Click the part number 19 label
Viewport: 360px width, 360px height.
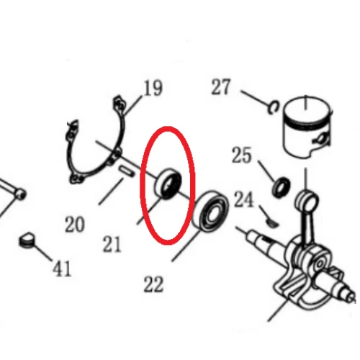tap(153, 88)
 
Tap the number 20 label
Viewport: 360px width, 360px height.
tap(75, 224)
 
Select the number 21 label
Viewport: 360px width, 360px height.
tap(112, 244)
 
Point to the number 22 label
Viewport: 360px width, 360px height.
tap(153, 284)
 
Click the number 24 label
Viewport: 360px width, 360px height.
tap(243, 200)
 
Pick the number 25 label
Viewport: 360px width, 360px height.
tap(242, 156)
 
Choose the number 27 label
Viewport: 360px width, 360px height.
tap(221, 87)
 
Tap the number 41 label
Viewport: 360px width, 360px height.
tap(62, 269)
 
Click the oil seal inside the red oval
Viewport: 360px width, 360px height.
tap(168, 184)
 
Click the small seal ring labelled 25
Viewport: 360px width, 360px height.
tap(282, 187)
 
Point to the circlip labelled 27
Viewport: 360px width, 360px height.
tap(274, 107)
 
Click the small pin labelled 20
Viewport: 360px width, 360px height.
tap(126, 171)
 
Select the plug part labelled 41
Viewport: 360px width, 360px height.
tap(26, 240)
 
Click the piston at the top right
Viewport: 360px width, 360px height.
tap(307, 127)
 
